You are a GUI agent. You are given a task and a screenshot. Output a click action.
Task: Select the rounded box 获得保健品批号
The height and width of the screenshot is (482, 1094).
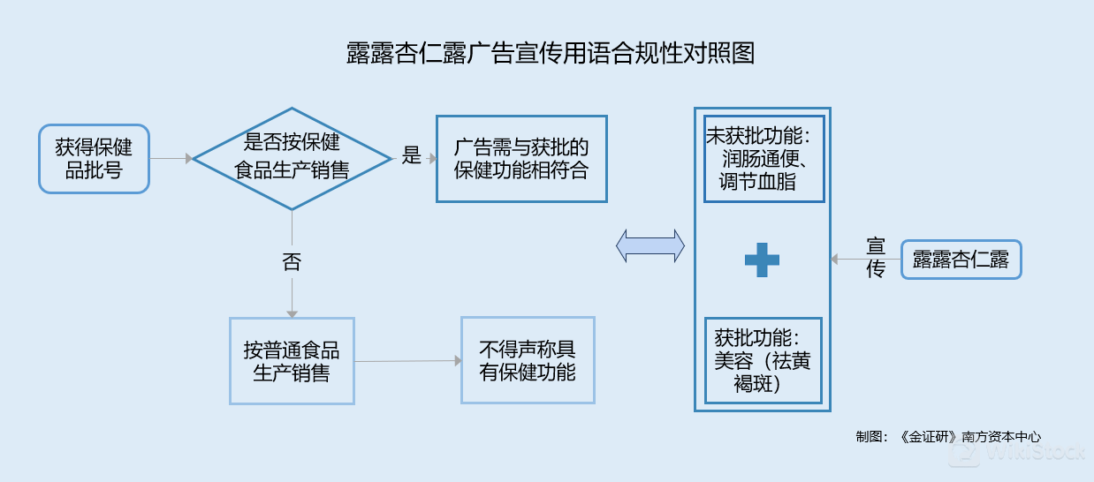point(94,159)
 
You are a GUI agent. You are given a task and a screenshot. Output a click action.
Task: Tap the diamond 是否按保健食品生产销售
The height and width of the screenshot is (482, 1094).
point(292,159)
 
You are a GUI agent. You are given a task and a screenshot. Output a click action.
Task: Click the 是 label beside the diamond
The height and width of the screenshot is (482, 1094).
point(412,157)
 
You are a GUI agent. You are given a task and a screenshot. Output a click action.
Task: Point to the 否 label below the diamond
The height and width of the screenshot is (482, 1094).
point(292,262)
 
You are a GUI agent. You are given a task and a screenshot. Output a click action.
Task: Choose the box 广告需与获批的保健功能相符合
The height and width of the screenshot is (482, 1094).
point(521,159)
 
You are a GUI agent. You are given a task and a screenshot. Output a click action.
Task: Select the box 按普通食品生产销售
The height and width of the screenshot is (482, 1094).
point(292,361)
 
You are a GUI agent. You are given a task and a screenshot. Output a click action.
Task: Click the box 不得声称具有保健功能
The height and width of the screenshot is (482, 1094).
point(528,360)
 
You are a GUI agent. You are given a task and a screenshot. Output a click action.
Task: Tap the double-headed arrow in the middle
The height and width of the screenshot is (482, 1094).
point(650,245)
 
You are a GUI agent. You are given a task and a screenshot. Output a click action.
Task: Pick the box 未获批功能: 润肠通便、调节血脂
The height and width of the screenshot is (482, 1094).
point(764,159)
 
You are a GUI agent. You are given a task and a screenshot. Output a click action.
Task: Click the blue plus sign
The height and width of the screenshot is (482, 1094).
point(762,260)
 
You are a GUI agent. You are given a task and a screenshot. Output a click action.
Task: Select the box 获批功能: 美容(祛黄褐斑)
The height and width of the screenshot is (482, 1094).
point(763,361)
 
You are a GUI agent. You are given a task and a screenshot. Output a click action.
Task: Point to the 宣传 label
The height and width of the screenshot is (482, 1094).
point(875,258)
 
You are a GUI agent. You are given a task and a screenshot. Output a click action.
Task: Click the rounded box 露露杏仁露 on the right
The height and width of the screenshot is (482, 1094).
point(961,260)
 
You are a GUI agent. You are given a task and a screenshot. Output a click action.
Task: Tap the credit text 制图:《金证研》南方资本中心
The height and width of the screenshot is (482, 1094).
point(948,436)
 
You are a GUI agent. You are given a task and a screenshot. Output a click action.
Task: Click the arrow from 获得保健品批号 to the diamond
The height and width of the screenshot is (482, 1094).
point(171,159)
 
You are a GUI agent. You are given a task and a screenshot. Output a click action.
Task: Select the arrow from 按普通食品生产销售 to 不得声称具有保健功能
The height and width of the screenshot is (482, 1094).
point(407,361)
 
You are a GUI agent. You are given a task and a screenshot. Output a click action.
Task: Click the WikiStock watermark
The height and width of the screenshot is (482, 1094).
point(1016,454)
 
